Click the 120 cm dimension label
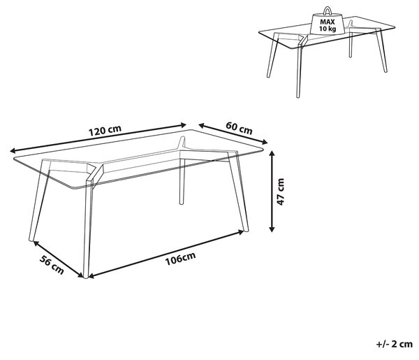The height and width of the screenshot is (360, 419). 105,130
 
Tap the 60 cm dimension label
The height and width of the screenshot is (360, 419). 239,128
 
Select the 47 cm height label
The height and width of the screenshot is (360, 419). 280,192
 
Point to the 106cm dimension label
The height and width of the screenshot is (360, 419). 180,259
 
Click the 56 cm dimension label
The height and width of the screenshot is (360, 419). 52,265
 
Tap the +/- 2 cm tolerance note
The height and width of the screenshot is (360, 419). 395,344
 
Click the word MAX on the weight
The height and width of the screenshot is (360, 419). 328,22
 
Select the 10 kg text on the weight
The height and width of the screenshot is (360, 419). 328,29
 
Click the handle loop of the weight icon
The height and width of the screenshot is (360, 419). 328,10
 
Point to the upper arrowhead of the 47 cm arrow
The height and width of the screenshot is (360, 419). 272,154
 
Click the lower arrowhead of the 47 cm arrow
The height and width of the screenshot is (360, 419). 272,229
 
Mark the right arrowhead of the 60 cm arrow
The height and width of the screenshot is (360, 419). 264,142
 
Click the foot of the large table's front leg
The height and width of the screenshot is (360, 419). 86,276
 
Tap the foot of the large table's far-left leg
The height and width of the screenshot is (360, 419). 31,239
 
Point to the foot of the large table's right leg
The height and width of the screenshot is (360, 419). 246,229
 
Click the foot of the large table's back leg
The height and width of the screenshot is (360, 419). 182,203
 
